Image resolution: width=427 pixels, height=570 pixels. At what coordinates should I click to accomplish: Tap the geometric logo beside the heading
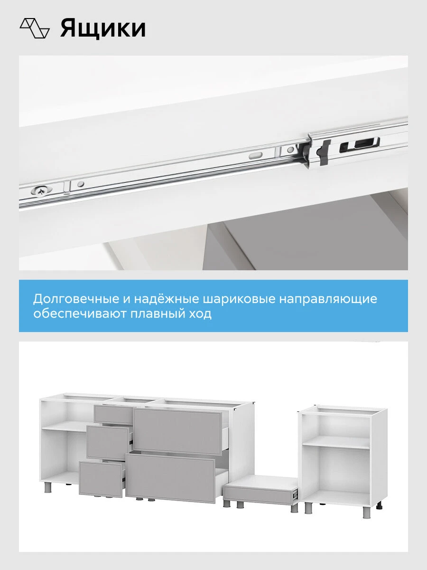tap(35, 28)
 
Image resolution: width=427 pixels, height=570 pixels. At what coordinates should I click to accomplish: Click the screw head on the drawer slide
tap(41, 191)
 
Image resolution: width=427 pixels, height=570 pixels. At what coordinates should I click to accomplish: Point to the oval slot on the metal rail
tap(256, 156)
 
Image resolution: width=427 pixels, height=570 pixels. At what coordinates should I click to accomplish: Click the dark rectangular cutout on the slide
tap(360, 145)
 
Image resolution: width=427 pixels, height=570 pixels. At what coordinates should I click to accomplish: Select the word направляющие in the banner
tap(328, 299)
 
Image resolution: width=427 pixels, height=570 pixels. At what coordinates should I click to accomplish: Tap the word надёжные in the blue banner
tap(167, 299)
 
